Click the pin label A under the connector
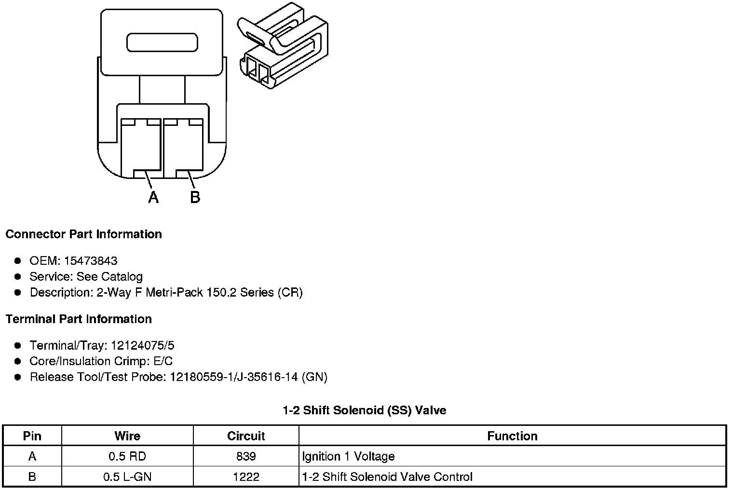coord(153,197)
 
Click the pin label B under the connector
coord(195,197)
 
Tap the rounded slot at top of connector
coord(162,42)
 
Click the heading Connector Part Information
coord(83,234)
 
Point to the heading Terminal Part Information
coord(79,319)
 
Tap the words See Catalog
coord(109,277)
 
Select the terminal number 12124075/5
coord(142,346)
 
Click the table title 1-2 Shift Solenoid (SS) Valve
coord(364,410)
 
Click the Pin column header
coord(32,436)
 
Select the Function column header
coord(512,436)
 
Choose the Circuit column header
coord(246,436)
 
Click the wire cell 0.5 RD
coord(127,456)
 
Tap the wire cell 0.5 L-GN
coord(127,477)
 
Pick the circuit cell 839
coord(246,456)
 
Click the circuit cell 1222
coord(246,477)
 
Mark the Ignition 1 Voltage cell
coord(348,456)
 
